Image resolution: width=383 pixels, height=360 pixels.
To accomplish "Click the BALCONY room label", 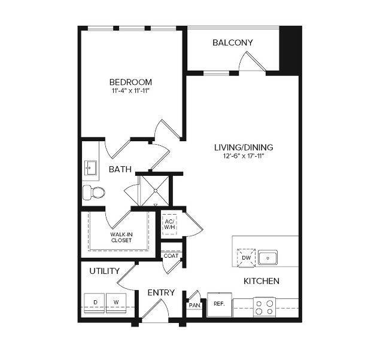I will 233,42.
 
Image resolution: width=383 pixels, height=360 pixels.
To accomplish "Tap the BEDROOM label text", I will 130,82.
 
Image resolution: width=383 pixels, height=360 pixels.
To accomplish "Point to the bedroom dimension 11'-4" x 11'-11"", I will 130,91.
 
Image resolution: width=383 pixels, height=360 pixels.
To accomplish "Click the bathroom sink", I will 91,167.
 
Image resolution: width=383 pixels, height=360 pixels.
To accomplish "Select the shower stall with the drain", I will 154,190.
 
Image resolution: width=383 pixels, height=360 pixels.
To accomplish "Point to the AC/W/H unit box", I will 169,224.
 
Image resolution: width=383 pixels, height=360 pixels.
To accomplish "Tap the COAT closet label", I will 171,256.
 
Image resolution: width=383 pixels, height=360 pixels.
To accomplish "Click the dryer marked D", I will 95,303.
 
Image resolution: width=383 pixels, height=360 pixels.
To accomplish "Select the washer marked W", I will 116,303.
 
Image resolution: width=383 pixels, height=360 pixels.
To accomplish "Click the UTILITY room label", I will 105,271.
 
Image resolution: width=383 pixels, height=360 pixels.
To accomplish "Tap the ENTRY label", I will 162,292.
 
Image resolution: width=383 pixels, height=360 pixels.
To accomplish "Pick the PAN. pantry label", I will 194,305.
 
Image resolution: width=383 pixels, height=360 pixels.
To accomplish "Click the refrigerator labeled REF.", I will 219,303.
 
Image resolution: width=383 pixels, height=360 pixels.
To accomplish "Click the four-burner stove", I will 264,307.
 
